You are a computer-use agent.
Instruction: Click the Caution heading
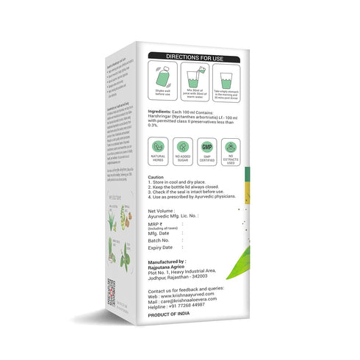click(x=156, y=178)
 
